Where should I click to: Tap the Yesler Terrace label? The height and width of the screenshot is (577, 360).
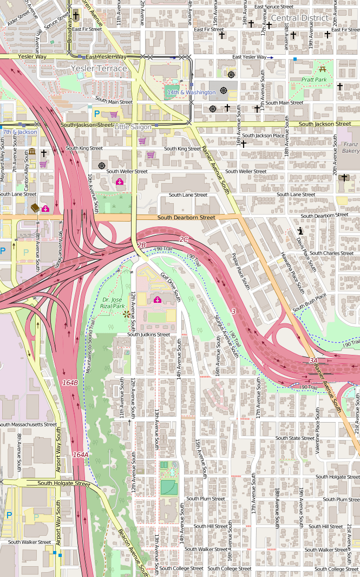(99, 69)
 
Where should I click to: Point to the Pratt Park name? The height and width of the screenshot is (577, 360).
(314, 80)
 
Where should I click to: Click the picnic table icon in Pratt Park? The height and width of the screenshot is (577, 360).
(323, 68)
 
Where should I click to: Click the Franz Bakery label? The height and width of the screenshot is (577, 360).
(350, 147)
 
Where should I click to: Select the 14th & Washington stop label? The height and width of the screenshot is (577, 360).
(191, 93)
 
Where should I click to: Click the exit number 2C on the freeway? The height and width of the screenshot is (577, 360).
(184, 239)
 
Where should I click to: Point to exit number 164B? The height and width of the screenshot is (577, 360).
(70, 383)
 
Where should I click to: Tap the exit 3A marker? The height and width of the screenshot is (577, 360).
(313, 360)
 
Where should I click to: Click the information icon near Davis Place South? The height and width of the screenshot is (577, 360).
(300, 231)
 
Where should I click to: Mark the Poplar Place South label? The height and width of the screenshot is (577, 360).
(240, 270)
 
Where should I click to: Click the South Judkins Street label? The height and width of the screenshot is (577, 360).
(148, 335)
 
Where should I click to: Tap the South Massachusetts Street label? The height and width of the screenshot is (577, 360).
(28, 425)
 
